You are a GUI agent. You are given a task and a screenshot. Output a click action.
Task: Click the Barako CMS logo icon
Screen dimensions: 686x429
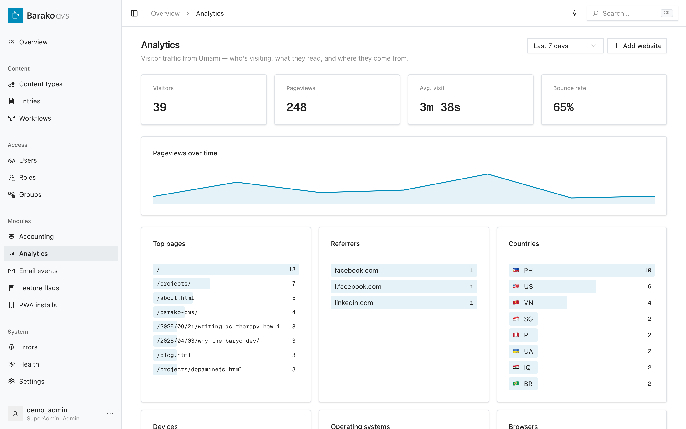(x=15, y=15)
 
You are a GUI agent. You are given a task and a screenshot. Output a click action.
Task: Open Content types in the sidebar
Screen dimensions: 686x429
(x=40, y=84)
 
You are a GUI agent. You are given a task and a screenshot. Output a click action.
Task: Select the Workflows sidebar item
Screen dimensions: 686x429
(x=35, y=118)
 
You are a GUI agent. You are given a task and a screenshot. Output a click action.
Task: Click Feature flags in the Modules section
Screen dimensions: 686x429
(x=39, y=288)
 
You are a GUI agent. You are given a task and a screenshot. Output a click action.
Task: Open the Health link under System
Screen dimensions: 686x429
(x=29, y=364)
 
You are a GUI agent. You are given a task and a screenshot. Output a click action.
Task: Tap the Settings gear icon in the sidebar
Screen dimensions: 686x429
(x=11, y=381)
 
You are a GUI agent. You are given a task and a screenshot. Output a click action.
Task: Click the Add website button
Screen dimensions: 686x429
(x=637, y=46)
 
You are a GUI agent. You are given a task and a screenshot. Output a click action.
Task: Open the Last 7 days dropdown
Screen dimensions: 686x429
(x=565, y=46)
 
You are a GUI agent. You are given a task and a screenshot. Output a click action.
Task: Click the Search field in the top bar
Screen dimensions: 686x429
(x=632, y=13)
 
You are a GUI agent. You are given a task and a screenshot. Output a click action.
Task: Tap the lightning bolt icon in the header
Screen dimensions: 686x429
(x=574, y=13)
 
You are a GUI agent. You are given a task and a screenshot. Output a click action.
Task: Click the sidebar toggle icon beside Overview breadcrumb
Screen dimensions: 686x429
(x=134, y=13)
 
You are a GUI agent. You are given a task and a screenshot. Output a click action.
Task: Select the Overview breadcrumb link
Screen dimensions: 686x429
(x=165, y=13)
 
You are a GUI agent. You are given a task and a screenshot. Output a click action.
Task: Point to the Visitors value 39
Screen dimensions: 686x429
(x=160, y=107)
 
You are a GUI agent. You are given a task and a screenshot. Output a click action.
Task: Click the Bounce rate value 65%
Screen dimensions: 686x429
(x=563, y=107)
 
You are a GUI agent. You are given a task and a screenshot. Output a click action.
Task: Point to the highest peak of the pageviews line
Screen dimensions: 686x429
(x=488, y=174)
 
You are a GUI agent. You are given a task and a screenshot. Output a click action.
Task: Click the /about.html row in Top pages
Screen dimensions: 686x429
(x=226, y=298)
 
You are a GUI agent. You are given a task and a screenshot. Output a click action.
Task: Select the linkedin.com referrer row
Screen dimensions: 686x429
(x=404, y=303)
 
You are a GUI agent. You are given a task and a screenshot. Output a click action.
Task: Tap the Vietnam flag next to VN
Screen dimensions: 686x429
(x=516, y=302)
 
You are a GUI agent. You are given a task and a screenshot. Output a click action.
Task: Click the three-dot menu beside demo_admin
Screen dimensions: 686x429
(x=110, y=414)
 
